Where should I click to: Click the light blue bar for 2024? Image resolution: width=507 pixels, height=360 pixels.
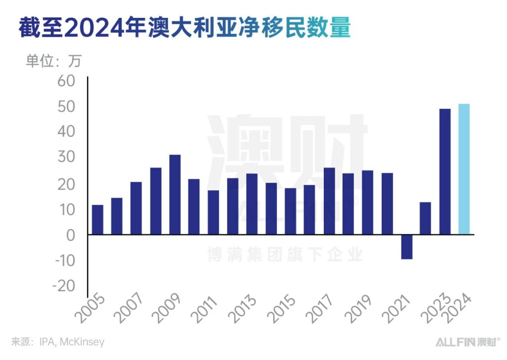(x=464, y=169)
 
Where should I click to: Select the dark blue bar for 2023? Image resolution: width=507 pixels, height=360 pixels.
(x=445, y=171)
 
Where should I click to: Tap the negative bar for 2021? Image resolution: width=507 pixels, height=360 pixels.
(x=406, y=247)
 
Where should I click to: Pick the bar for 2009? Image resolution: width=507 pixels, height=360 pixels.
(x=175, y=195)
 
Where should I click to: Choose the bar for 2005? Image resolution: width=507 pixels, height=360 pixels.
(x=98, y=219)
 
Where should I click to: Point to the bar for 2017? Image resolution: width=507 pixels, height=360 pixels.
(x=329, y=201)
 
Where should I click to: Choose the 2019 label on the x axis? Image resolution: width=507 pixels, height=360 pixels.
(x=360, y=309)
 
